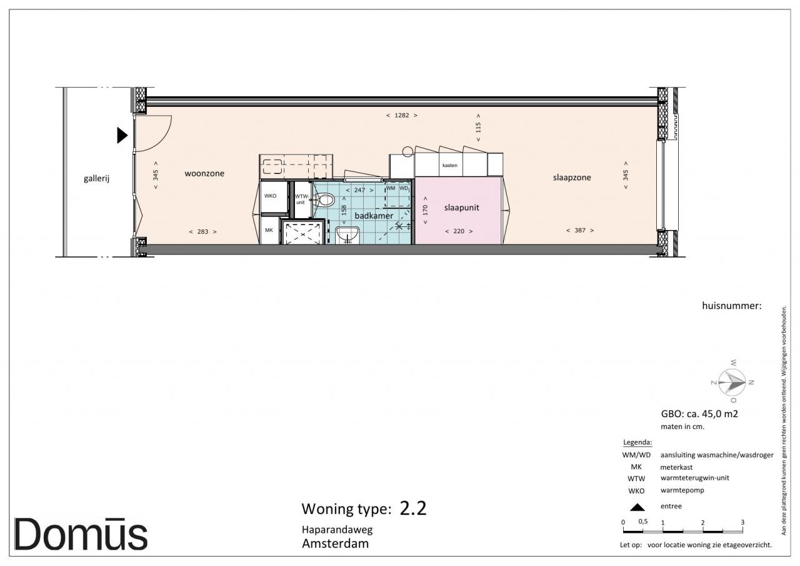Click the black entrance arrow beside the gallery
click(122, 136)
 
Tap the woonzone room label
click(204, 174)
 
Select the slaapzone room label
click(572, 178)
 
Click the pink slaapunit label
click(461, 208)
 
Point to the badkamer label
click(374, 216)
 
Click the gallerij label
click(96, 178)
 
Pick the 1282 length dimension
click(402, 116)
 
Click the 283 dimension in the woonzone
click(203, 231)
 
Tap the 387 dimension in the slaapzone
click(580, 231)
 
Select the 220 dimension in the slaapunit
click(459, 231)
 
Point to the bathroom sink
click(347, 235)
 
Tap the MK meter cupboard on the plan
click(269, 231)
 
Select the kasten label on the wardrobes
click(449, 166)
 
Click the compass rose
click(732, 382)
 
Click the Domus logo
click(81, 534)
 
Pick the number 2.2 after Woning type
click(413, 508)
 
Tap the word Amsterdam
click(336, 543)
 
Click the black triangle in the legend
click(637, 507)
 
